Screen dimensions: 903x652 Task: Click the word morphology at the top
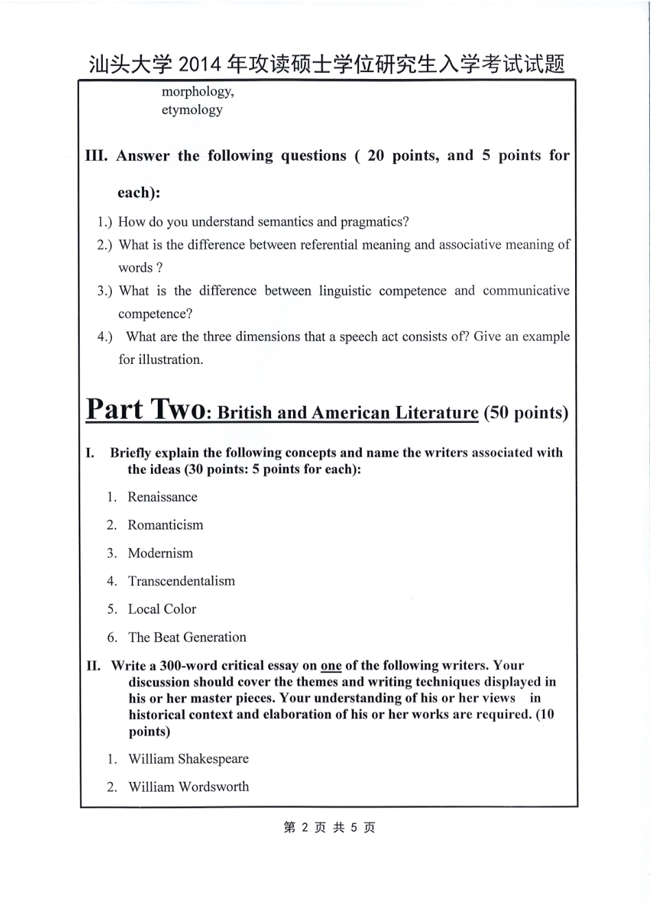point(197,92)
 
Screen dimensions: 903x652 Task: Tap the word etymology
point(192,110)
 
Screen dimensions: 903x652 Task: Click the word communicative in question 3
point(526,290)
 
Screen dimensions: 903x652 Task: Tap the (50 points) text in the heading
point(526,413)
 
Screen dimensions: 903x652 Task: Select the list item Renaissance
point(162,497)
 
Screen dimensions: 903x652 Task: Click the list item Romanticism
point(165,525)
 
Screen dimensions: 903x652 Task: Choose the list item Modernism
point(161,553)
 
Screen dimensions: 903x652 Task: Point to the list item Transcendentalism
point(181,581)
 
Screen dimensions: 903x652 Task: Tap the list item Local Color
point(162,609)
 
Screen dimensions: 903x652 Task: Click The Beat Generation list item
point(187,637)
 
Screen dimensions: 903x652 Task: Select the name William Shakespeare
point(188,759)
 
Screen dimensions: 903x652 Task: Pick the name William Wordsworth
point(189,787)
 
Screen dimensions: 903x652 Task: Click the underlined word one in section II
point(331,665)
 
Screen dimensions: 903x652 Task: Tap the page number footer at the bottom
point(329,827)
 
